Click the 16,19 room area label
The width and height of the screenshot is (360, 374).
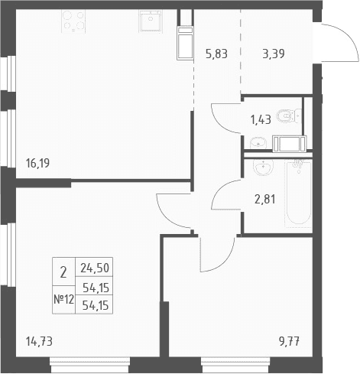[x=37, y=163]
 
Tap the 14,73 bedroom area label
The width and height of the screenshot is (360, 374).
[x=39, y=341]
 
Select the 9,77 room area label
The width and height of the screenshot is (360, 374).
[x=289, y=341]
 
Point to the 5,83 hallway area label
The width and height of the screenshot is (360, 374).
[x=216, y=54]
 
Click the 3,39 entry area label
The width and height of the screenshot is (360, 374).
[x=274, y=54]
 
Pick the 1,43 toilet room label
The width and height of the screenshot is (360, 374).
[x=261, y=119]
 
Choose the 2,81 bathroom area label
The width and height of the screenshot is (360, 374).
[x=265, y=199]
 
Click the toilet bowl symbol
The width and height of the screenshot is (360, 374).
[x=289, y=116]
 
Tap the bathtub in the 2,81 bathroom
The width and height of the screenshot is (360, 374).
[x=298, y=194]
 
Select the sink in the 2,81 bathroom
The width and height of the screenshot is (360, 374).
[x=263, y=167]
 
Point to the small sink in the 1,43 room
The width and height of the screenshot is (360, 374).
[x=258, y=143]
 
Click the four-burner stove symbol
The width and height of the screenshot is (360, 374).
[x=73, y=21]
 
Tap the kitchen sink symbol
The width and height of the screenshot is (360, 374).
[x=151, y=21]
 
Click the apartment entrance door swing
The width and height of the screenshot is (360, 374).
[x=340, y=42]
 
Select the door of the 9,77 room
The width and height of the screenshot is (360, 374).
[x=217, y=255]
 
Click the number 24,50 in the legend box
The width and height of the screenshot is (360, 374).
[x=95, y=268]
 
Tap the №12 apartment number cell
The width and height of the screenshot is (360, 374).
[x=63, y=299]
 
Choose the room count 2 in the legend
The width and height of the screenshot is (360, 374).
[x=63, y=272]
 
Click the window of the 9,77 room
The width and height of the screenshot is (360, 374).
[x=235, y=366]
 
